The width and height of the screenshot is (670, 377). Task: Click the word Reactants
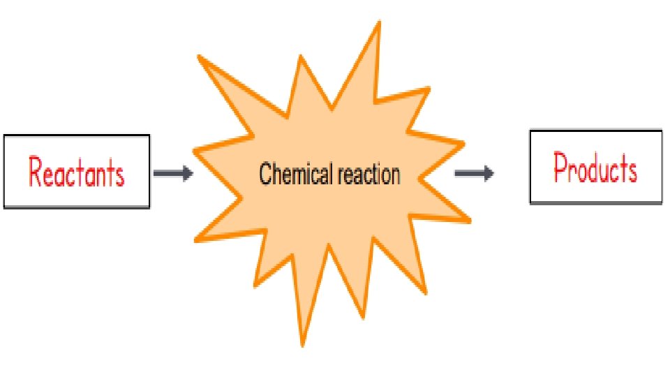(x=77, y=172)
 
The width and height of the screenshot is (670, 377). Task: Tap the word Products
(x=595, y=168)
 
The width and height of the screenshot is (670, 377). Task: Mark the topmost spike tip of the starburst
(x=380, y=22)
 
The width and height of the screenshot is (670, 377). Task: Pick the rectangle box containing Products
(x=595, y=140)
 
